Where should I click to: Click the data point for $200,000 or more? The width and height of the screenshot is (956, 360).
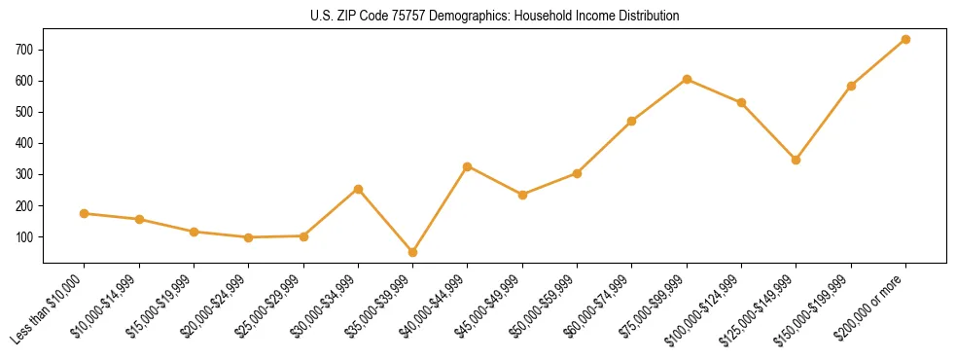[x=905, y=39]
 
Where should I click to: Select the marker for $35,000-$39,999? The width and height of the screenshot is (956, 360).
[x=412, y=252]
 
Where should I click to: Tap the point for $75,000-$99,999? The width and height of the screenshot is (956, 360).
[x=687, y=79]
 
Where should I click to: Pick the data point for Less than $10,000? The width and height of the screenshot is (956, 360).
[x=84, y=213]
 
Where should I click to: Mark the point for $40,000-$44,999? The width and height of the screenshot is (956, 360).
[x=468, y=166]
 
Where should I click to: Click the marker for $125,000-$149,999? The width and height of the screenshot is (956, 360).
[x=797, y=160]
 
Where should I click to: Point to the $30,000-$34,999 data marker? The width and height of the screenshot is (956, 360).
[x=358, y=189]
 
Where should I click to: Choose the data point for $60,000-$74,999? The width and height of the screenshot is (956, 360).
[x=632, y=121]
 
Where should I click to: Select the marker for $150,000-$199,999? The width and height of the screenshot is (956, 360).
[x=851, y=86]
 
